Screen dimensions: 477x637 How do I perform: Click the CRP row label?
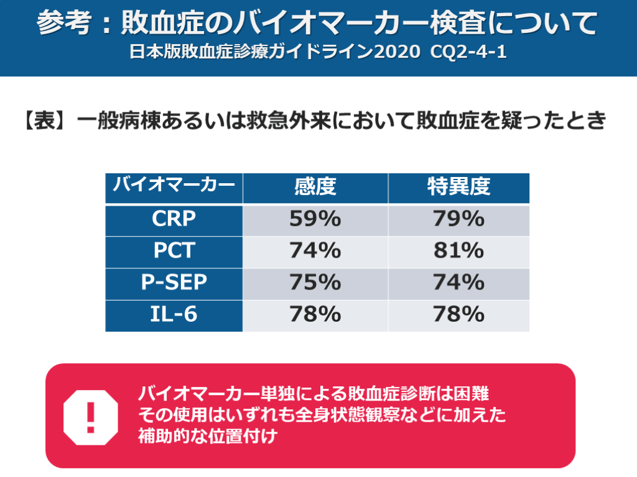174,219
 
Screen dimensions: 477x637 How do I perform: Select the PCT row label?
174,251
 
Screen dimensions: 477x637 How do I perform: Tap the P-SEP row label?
174,283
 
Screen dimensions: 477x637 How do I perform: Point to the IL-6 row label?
174,314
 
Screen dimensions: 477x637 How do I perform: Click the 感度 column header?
315,186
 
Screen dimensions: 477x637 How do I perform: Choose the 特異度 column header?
458,186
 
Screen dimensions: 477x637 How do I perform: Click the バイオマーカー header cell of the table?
174,185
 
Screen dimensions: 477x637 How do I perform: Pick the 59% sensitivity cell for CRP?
315,219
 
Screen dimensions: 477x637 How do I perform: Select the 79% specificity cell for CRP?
458,219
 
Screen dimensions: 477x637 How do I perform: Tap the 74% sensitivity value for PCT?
315,251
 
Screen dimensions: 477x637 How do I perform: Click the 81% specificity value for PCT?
458,251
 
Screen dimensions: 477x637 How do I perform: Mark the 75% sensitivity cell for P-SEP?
315,283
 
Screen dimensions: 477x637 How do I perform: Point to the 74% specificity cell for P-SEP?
458,283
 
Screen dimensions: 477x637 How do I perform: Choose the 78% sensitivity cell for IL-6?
315,314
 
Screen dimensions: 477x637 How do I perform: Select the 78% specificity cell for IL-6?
458,314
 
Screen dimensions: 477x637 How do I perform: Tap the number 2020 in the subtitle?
398,52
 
